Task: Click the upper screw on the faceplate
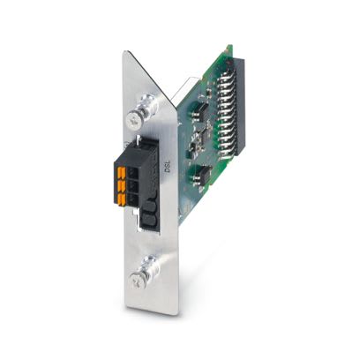(x=134, y=115)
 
